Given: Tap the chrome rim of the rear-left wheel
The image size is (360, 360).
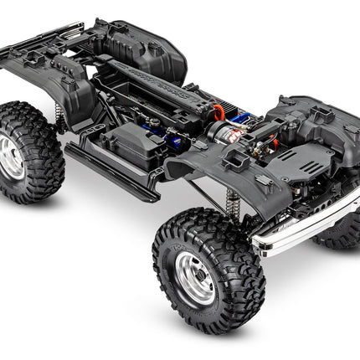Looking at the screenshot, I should point(12,157).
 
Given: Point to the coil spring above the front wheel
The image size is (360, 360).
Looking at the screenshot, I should point(233,202).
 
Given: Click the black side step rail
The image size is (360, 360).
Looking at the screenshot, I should point(113,172).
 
